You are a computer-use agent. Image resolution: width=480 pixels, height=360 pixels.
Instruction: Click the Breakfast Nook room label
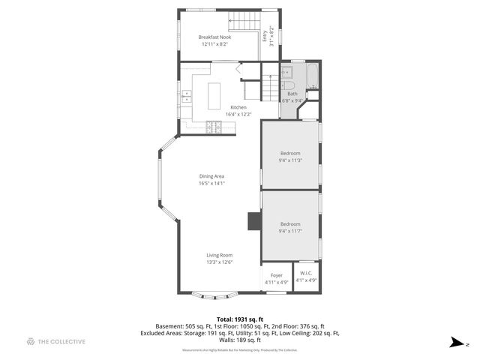pyautogui.click(x=214, y=37)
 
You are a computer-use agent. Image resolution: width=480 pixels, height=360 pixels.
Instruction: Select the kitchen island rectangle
pyautogui.click(x=214, y=94)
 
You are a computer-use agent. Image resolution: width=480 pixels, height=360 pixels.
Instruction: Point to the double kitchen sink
pyautogui.click(x=185, y=96)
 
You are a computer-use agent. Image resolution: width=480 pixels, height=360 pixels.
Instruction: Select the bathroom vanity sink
pyautogui.click(x=286, y=73)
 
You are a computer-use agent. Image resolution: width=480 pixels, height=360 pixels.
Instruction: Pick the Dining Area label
pyautogui.click(x=212, y=176)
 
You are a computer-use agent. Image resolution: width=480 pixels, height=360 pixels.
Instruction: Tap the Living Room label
pyautogui.click(x=220, y=255)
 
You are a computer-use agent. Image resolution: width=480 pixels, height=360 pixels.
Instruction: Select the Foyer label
pyautogui.click(x=277, y=275)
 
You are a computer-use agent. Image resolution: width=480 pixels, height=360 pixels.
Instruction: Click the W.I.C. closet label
pyautogui.click(x=306, y=273)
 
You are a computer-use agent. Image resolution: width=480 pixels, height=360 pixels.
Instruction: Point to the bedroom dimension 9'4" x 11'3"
pyautogui.click(x=290, y=160)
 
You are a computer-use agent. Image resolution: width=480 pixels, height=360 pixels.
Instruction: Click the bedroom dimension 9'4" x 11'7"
pyautogui.click(x=290, y=231)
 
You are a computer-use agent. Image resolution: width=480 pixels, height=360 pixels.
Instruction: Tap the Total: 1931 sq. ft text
pyautogui.click(x=240, y=319)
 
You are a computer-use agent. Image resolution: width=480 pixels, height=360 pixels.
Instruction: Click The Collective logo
pyautogui.click(x=56, y=341)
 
